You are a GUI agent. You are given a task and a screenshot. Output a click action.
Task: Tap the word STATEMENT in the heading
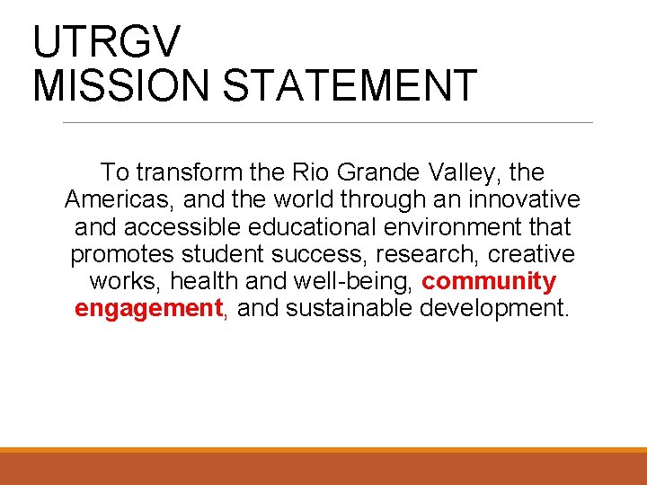[350, 85]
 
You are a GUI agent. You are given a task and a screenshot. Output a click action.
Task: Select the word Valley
[474, 172]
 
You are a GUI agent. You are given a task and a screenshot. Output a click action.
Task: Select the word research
[425, 254]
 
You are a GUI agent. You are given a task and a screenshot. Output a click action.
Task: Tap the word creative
[531, 254]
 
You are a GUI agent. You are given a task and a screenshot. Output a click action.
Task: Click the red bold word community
[489, 282]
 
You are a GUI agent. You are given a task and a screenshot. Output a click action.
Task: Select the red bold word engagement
[148, 310]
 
